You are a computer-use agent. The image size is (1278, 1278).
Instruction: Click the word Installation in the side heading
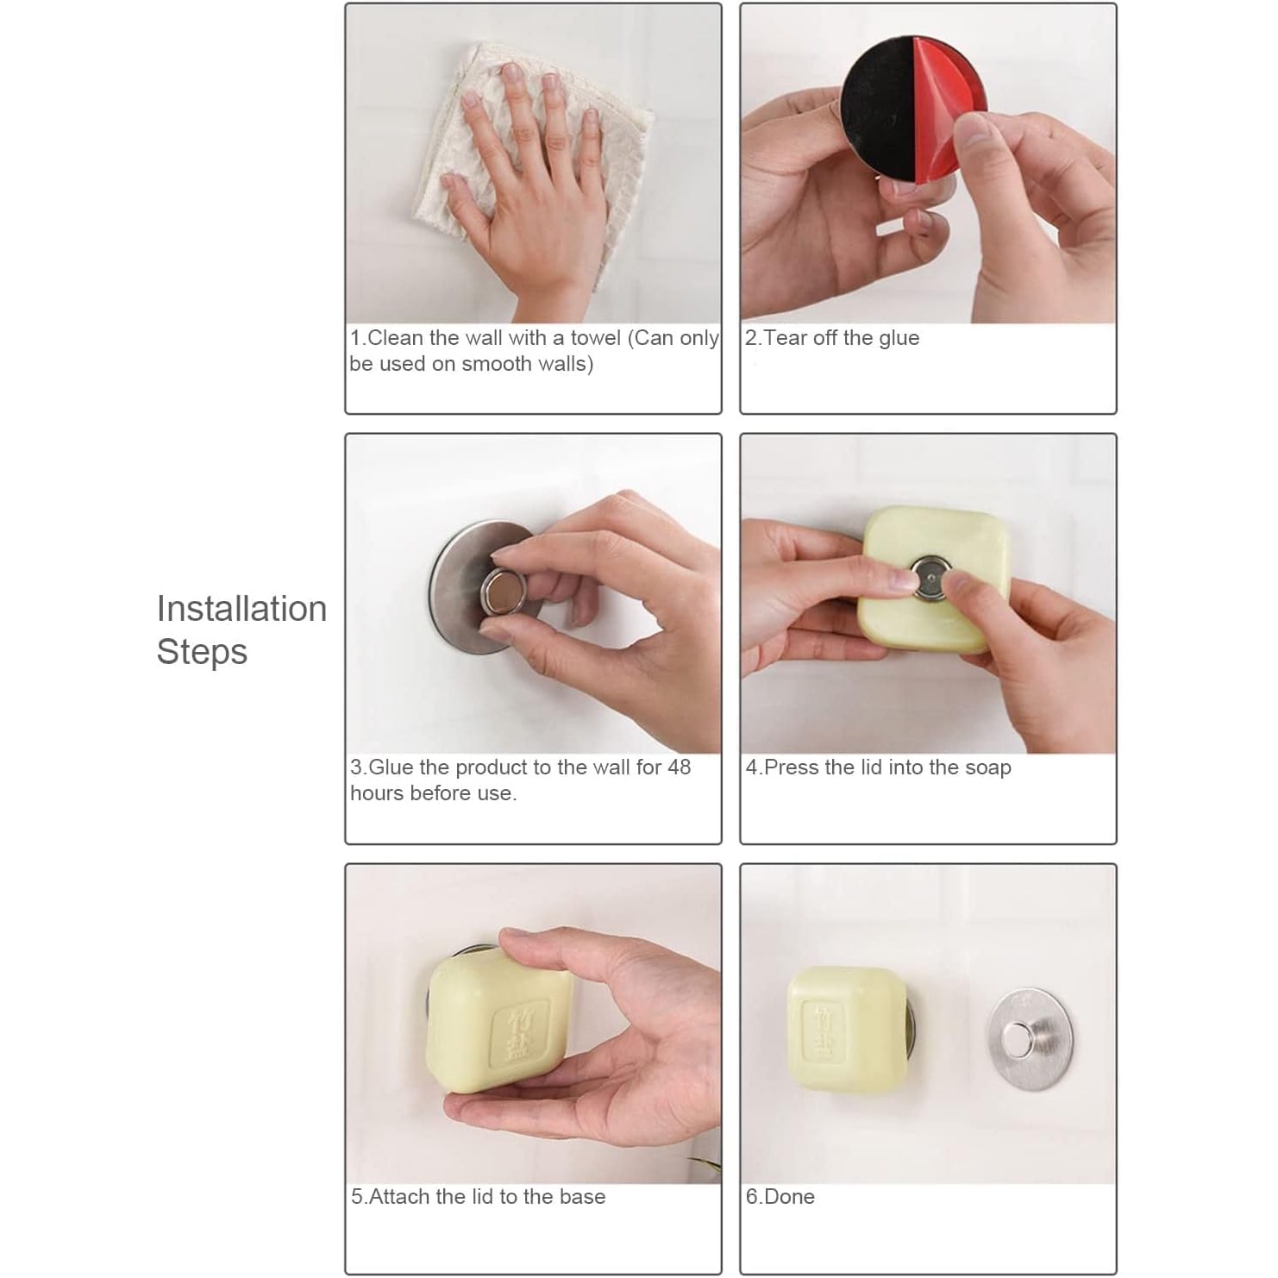click(x=241, y=609)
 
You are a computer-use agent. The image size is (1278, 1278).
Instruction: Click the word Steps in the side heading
click(x=202, y=653)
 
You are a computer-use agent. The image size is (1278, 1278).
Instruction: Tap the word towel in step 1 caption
click(x=596, y=338)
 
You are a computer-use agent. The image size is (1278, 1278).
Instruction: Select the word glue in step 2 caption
click(x=899, y=339)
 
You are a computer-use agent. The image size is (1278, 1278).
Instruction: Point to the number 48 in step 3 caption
click(x=679, y=767)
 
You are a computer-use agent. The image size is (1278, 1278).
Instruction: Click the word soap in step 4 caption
click(x=989, y=768)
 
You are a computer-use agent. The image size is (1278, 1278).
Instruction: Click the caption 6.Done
click(x=780, y=1197)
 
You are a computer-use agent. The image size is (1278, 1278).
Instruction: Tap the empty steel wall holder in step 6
click(x=1030, y=1038)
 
